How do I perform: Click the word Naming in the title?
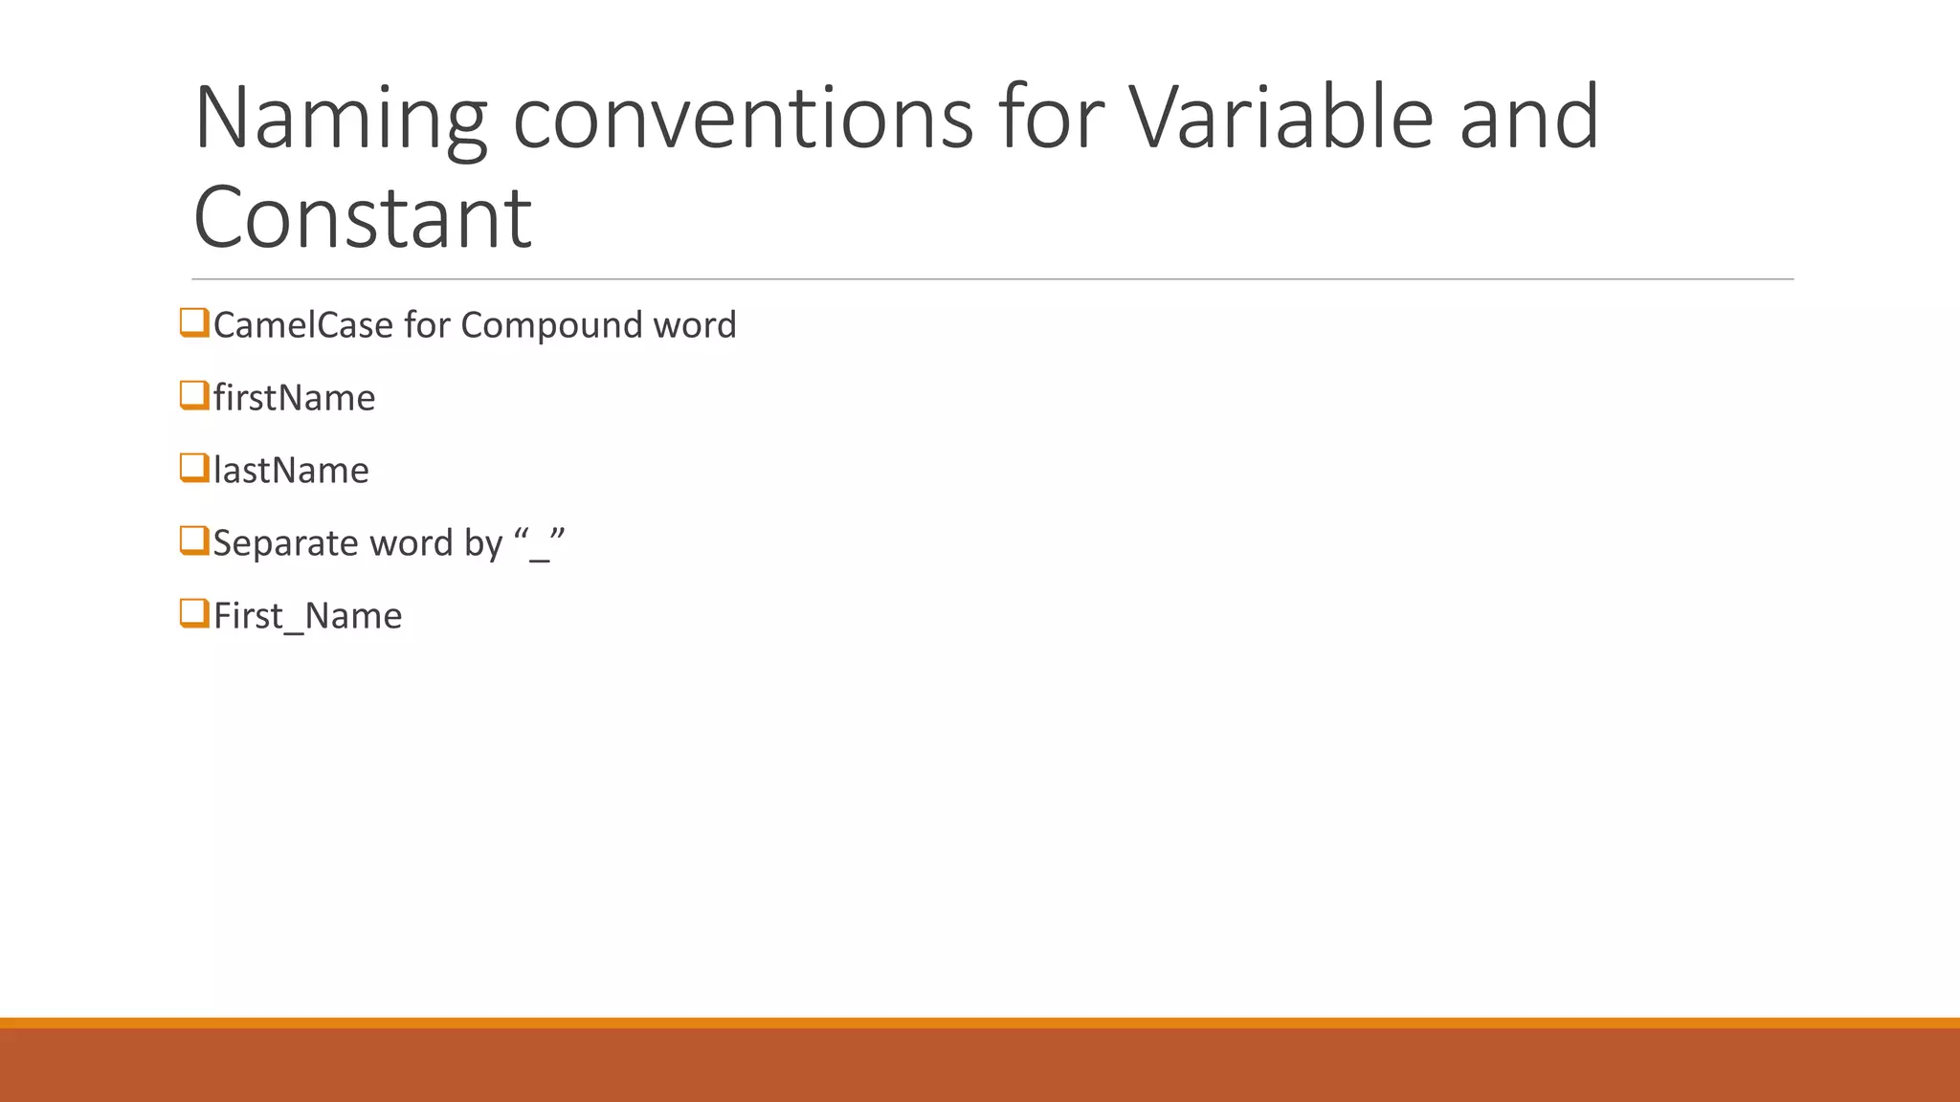point(341,119)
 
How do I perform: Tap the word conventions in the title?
point(743,119)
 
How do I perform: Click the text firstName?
point(294,398)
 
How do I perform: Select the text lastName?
point(291,471)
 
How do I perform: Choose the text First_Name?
point(307,616)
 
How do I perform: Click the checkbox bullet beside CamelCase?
point(194,323)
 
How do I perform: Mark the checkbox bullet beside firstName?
point(194,396)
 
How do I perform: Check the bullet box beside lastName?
point(194,469)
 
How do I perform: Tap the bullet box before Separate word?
point(194,541)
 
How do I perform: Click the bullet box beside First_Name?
point(194,614)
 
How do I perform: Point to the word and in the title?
point(1528,119)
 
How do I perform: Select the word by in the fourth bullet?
point(483,543)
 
